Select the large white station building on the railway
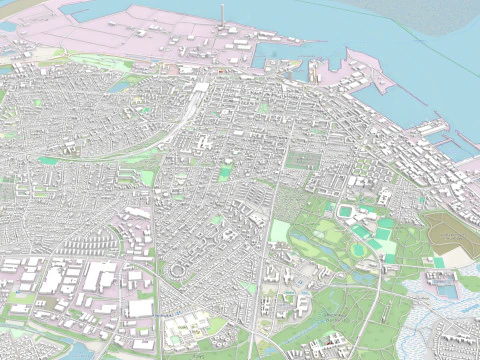201,88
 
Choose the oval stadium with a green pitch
347,213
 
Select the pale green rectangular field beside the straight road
280,232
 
